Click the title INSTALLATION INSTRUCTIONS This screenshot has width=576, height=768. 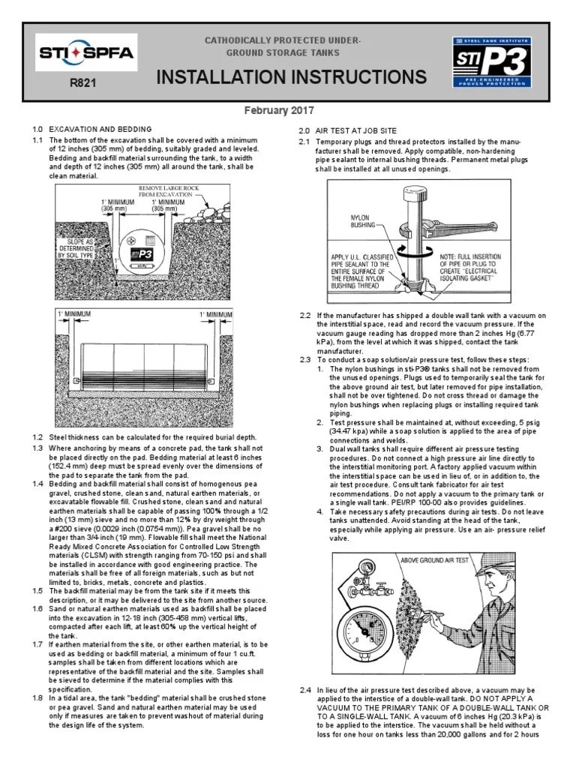(292, 77)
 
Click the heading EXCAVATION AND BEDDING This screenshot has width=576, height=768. (100, 129)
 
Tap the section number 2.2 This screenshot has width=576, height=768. (304, 314)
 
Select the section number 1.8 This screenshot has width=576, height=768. (37, 697)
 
